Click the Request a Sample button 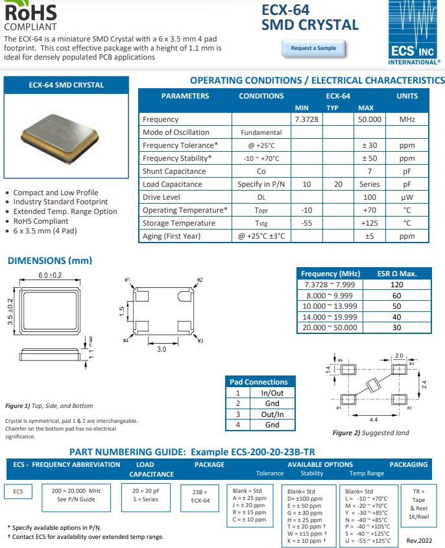(313, 48)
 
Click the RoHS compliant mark (30, 16)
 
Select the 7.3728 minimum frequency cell (307, 119)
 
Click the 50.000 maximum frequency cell (369, 119)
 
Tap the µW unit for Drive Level (407, 197)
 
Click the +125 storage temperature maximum (369, 223)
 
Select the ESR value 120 (396, 285)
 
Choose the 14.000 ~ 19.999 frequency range (330, 316)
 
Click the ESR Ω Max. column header (396, 274)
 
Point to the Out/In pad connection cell (272, 414)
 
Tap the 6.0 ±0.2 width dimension (49, 276)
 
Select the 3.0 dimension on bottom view (162, 349)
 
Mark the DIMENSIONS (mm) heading (49, 261)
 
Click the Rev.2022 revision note (419, 540)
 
